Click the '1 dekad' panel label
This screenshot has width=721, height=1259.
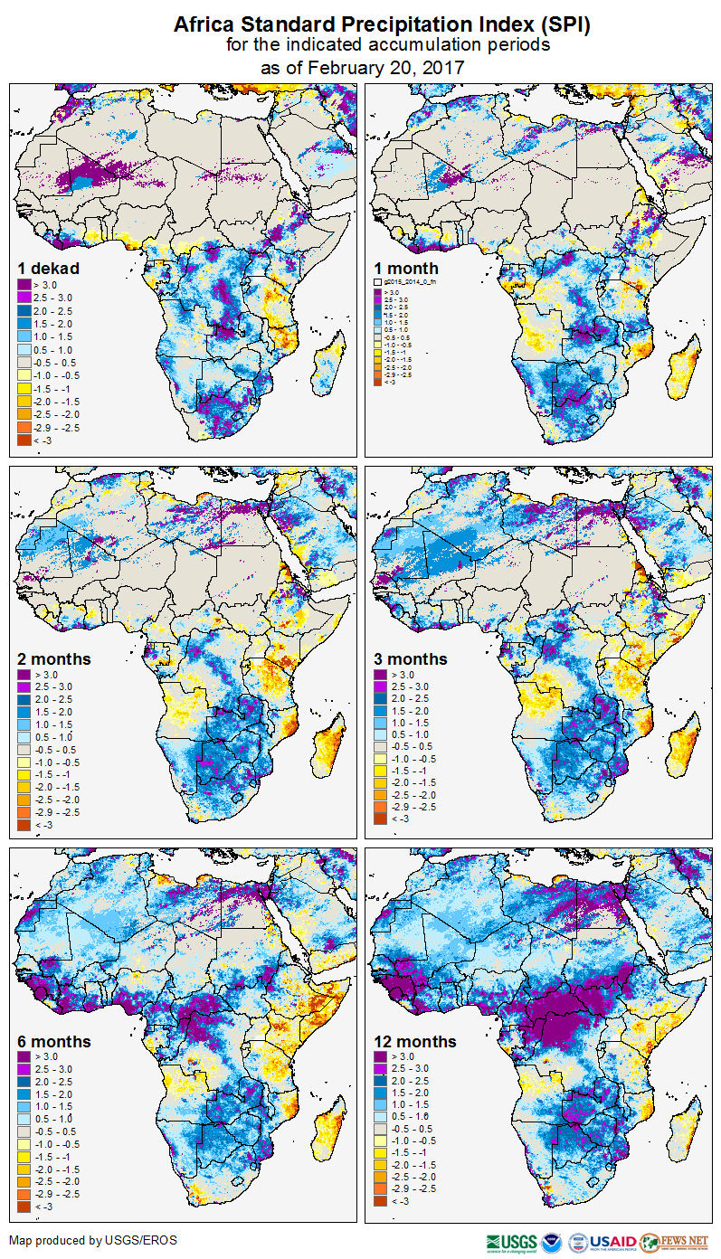49,269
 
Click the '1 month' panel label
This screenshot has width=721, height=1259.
406,269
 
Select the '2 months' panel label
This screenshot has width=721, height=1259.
54,659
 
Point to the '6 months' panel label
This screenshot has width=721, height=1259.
54,1042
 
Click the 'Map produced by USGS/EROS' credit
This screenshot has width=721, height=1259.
93,1240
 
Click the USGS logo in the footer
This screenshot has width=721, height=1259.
511,1242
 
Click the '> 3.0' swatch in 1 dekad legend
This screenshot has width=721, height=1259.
24,285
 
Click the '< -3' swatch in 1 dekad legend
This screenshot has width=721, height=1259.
24,440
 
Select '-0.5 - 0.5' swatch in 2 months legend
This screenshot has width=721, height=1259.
24,750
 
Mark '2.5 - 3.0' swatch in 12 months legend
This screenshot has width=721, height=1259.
381,1069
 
